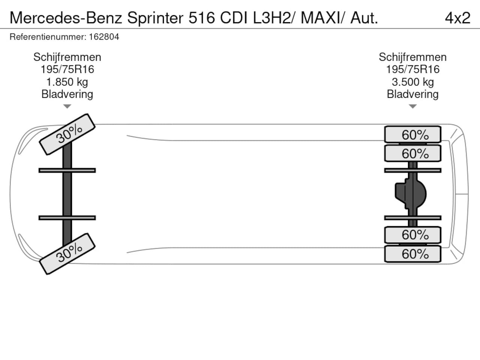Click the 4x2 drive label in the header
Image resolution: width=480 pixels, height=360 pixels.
coord(457,18)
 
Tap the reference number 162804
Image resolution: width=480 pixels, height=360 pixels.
coord(104,37)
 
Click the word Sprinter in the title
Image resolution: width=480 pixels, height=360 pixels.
coord(155,18)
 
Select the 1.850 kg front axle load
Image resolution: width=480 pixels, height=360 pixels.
coord(67,82)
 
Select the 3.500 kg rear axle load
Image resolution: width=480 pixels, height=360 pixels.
coord(413,82)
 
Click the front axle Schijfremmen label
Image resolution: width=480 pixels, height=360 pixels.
coord(67,57)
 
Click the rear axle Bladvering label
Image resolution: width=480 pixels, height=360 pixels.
coord(412,94)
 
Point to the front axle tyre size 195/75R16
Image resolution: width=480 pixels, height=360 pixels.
coord(67,69)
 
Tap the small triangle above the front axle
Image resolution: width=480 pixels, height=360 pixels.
coord(67,106)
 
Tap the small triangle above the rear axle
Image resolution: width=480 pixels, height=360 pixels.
coord(412,106)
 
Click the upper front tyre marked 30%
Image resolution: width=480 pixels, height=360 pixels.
coord(67,134)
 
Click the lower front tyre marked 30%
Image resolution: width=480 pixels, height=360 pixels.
coord(67,254)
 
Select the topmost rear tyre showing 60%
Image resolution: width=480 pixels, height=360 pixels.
coord(412,134)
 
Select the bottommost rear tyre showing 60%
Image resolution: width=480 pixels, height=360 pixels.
coord(412,254)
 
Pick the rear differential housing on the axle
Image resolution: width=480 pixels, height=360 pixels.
coord(411,194)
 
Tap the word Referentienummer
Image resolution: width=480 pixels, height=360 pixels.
coord(48,37)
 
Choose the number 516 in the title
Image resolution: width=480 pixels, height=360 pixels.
coord(202,18)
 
